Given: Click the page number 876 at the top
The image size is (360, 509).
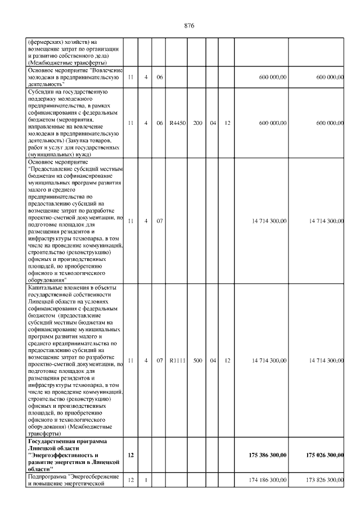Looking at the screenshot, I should tap(190, 26).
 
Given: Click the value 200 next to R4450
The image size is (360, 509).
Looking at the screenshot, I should tap(198, 122).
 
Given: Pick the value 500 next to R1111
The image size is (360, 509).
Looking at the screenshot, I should tap(198, 361).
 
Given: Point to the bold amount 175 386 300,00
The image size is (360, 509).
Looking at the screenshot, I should tap(268, 454).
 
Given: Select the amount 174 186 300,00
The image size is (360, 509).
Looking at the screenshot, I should tap(268, 479).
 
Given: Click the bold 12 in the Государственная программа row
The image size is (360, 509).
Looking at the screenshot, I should tap(130, 454).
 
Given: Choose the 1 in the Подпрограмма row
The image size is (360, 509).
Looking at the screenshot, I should tap(146, 479).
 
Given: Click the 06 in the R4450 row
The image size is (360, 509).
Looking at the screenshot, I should tap(160, 122).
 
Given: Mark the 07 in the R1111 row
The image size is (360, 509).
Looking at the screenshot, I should tap(160, 361).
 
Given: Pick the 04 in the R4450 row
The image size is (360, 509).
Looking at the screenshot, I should tap(213, 122).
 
